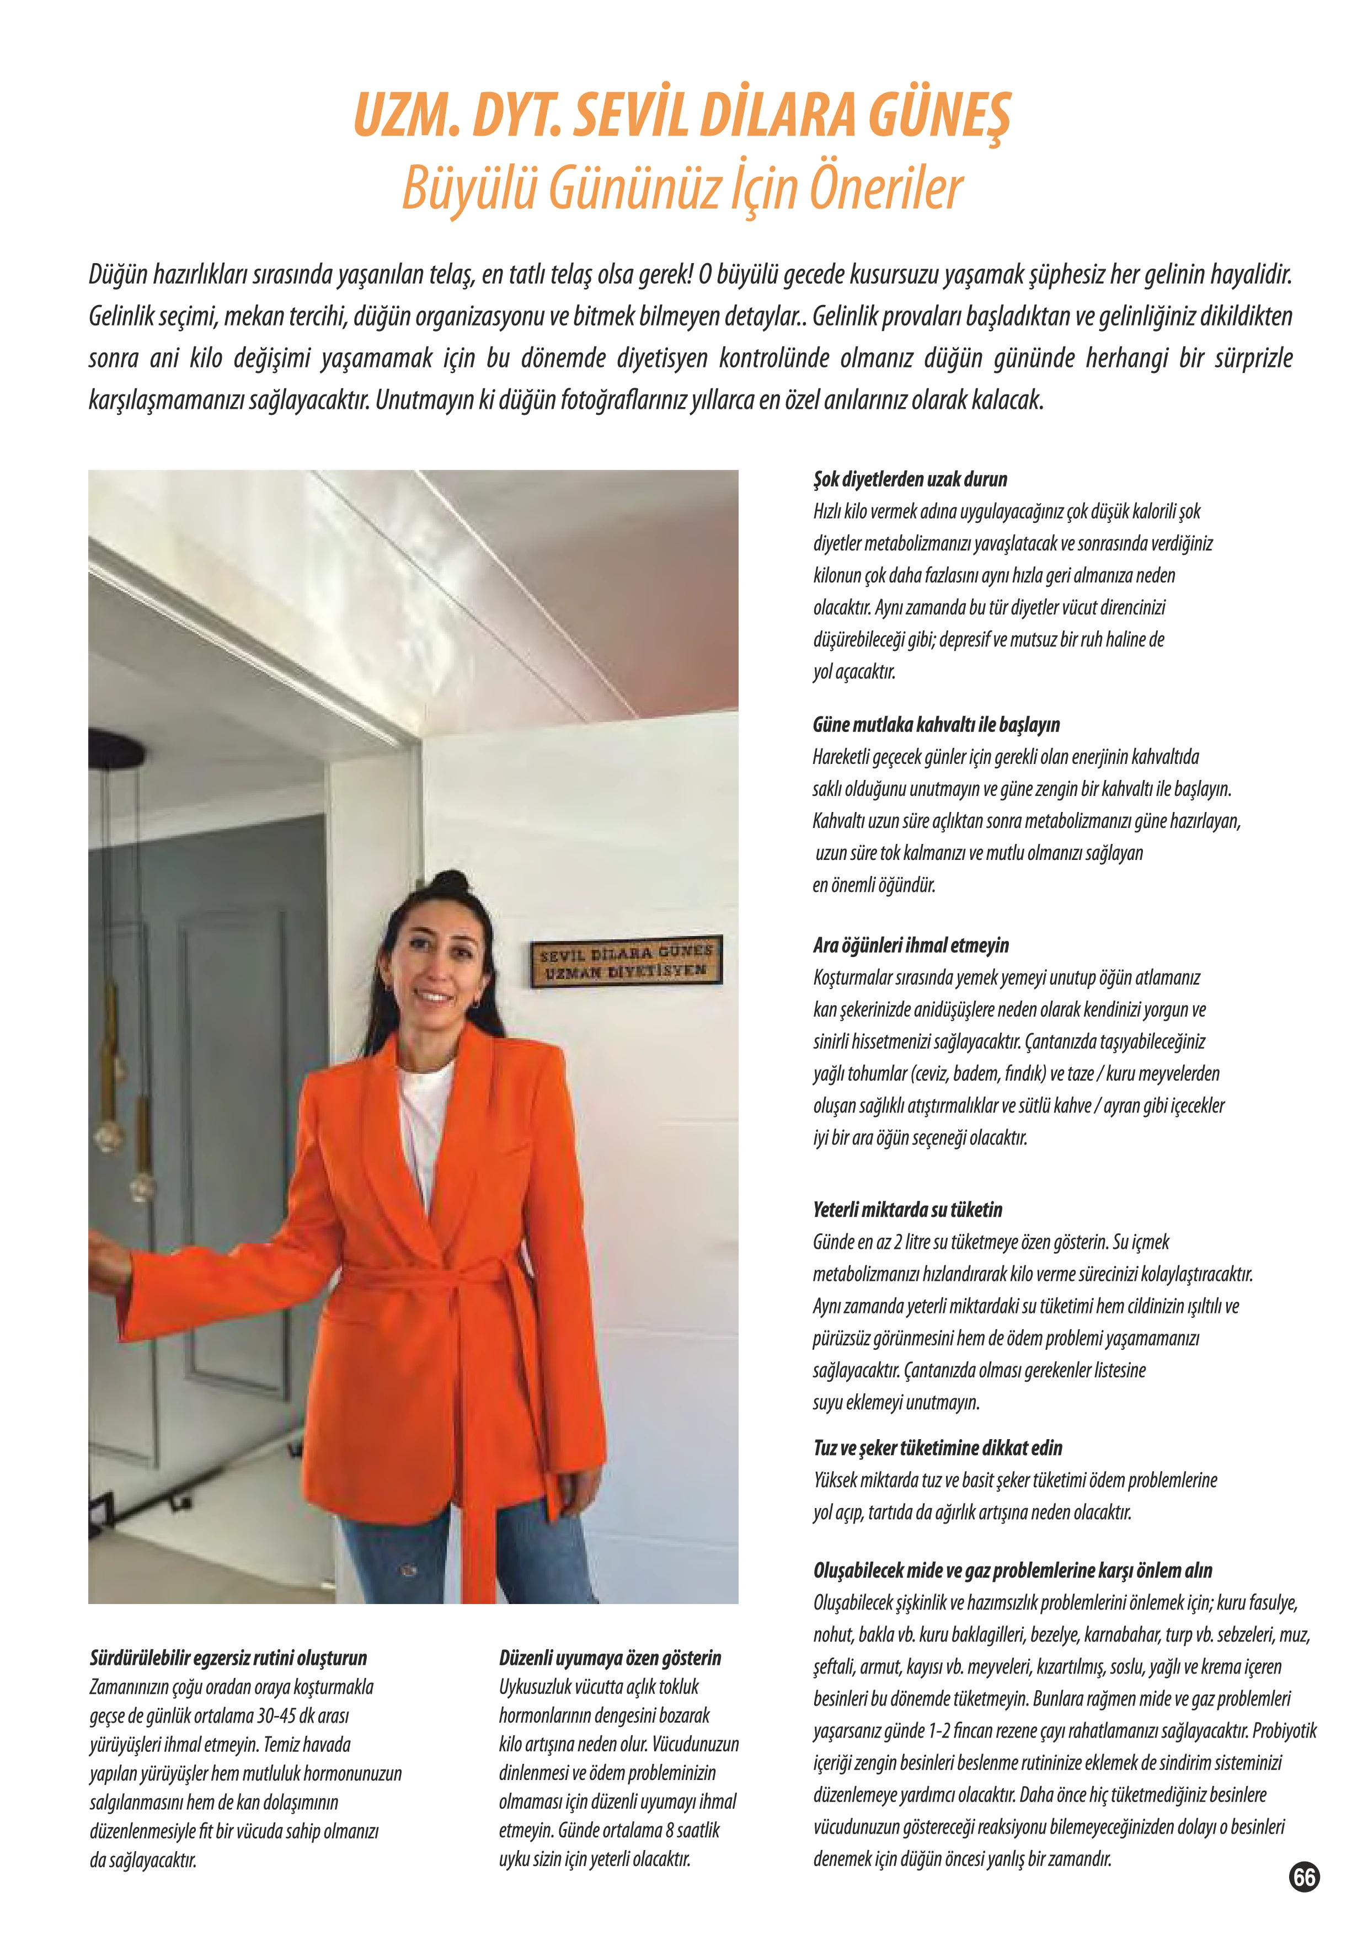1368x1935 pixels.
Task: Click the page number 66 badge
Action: click(1304, 1878)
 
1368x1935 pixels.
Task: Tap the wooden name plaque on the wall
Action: click(626, 961)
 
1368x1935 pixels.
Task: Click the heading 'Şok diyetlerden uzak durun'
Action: click(910, 479)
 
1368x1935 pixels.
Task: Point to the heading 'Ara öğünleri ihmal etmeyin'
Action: click(910, 945)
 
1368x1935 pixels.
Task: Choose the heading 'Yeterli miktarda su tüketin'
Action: click(907, 1210)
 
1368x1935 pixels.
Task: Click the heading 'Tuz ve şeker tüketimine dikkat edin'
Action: click(937, 1448)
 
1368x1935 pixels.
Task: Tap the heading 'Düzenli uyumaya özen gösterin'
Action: click(610, 1658)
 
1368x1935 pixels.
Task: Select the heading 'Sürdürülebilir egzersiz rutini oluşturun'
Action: click(228, 1658)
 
